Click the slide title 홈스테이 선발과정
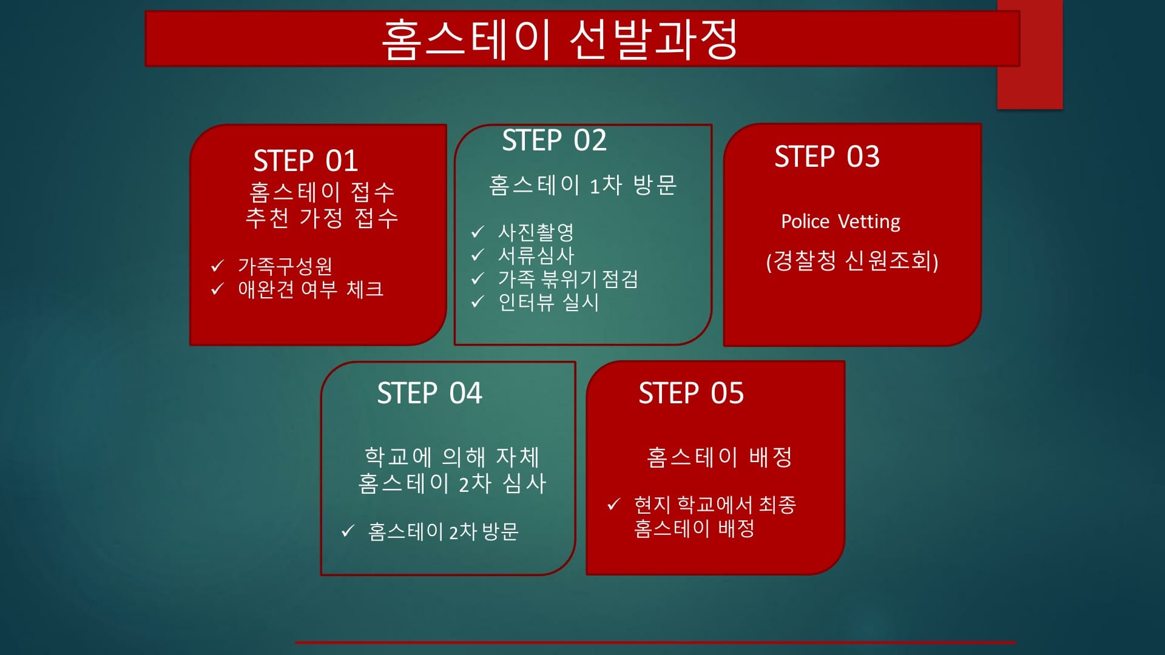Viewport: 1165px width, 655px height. (x=559, y=39)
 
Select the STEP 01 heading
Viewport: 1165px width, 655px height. (x=305, y=161)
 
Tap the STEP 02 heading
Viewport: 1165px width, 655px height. (x=554, y=141)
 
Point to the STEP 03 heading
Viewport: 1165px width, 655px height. (x=827, y=156)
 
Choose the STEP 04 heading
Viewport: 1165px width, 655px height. (x=430, y=393)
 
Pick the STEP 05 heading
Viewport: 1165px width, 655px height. (x=691, y=393)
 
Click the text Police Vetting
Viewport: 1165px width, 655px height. (x=840, y=222)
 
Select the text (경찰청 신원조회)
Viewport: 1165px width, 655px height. (x=852, y=261)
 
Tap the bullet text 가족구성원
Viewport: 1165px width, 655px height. (x=285, y=266)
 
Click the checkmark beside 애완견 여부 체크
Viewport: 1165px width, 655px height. (x=217, y=289)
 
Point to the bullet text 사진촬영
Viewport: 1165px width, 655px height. (x=536, y=232)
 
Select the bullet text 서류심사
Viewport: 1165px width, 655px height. (x=536, y=255)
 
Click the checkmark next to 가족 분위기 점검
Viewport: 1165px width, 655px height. (x=478, y=278)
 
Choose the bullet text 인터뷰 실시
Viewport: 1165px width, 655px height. (x=549, y=302)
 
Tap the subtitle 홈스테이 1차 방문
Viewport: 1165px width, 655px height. (x=582, y=185)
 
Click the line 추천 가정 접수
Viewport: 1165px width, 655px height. (x=322, y=217)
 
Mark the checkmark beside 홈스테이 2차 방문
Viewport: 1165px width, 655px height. (x=348, y=531)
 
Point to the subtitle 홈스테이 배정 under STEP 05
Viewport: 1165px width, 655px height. (x=720, y=457)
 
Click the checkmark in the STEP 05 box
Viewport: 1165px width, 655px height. (x=614, y=504)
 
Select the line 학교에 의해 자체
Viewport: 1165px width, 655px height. (x=452, y=457)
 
